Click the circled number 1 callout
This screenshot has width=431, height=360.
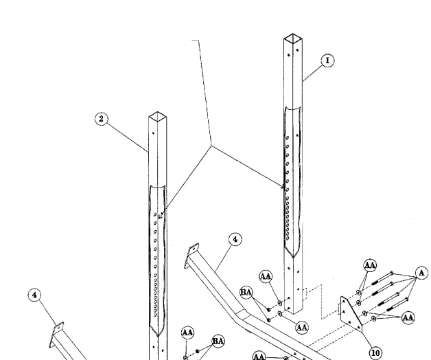(x=327, y=60)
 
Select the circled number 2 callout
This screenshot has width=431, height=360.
(x=101, y=119)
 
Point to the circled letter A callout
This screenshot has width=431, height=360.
(x=421, y=273)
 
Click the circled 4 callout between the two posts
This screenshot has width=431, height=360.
(x=235, y=239)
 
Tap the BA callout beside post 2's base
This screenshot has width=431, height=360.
(x=218, y=341)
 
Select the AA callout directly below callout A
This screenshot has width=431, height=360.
(x=408, y=317)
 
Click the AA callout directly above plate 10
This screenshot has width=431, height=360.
(x=369, y=265)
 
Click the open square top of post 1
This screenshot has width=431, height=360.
(x=293, y=37)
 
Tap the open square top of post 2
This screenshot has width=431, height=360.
(x=157, y=115)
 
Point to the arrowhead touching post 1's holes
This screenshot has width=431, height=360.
(x=283, y=186)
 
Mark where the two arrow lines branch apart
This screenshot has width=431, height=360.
(x=211, y=146)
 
